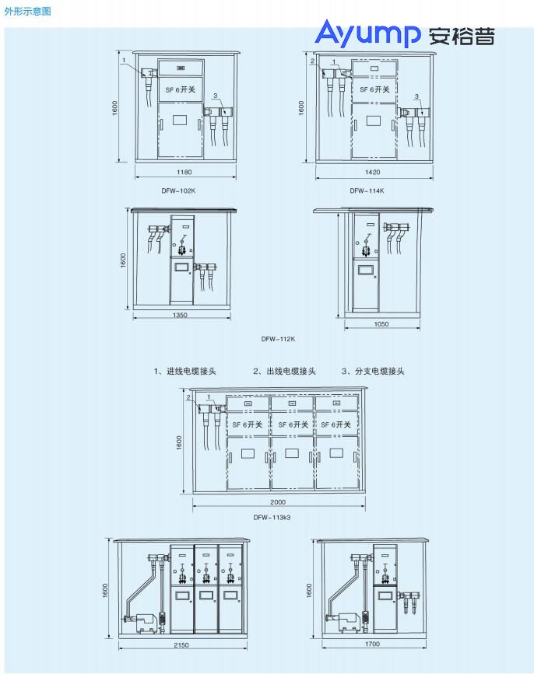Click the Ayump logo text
coord(368,33)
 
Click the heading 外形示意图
coord(27,11)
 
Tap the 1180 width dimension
coord(184,172)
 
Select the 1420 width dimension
coord(372,172)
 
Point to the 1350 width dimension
coord(180,315)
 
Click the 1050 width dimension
coord(381,324)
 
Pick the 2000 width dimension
coord(278,501)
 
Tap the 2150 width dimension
coord(181,644)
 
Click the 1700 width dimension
coord(372,644)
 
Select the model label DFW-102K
coord(178,190)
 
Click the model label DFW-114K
coord(367,190)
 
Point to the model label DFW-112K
coord(278,339)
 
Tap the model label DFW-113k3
coord(272,517)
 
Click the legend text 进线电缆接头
coord(191,371)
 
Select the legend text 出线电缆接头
coord(291,371)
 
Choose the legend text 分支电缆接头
coord(380,371)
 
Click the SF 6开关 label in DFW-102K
coord(181,89)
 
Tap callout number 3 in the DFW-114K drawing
coord(416,96)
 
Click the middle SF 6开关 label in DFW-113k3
coord(293,424)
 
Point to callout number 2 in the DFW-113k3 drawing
coord(188,397)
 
